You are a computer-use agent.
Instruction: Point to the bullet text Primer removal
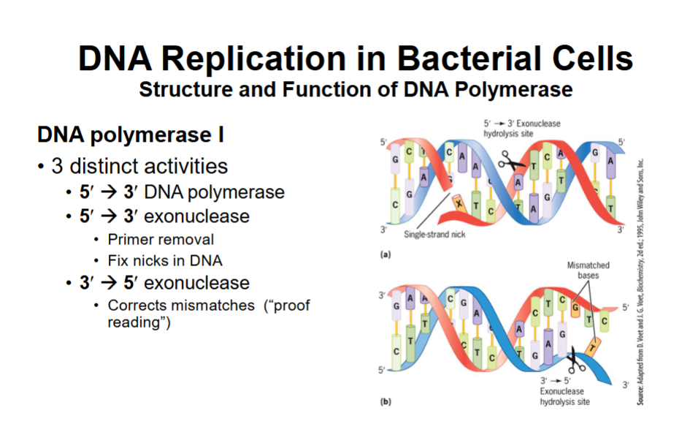pyautogui.click(x=161, y=239)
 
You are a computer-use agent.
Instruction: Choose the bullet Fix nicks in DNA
pyautogui.click(x=165, y=260)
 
